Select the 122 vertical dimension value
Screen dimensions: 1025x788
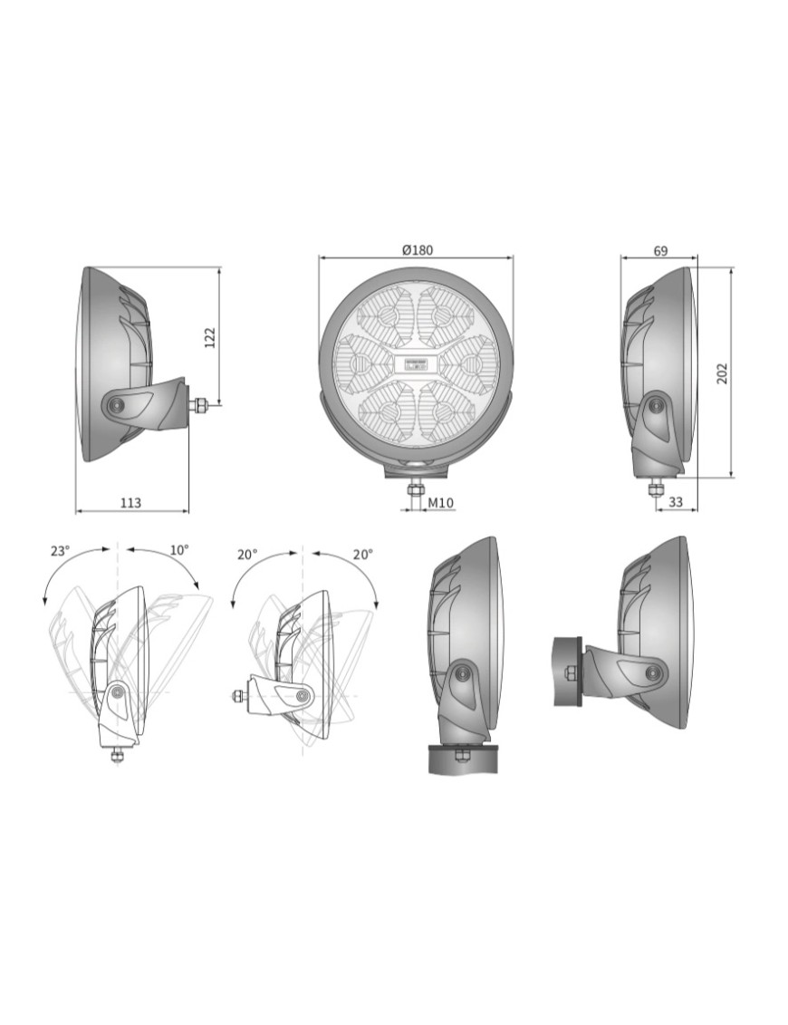point(210,337)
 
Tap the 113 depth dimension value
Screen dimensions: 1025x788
point(130,503)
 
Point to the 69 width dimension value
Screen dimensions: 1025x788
point(660,251)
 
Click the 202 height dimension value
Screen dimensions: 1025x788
point(722,372)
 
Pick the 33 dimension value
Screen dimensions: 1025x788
point(676,502)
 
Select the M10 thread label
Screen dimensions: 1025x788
point(441,502)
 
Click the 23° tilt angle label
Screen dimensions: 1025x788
point(60,550)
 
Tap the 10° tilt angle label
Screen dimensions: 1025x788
point(179,549)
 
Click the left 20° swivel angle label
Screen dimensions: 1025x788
point(247,554)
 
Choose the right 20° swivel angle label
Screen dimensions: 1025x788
point(362,554)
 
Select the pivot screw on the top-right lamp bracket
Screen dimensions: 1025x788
point(655,405)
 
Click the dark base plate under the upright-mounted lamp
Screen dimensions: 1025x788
point(463,759)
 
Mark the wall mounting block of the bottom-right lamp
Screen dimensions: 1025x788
point(567,672)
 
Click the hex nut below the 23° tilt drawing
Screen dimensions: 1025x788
point(117,755)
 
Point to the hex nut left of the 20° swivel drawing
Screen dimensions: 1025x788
point(239,696)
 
